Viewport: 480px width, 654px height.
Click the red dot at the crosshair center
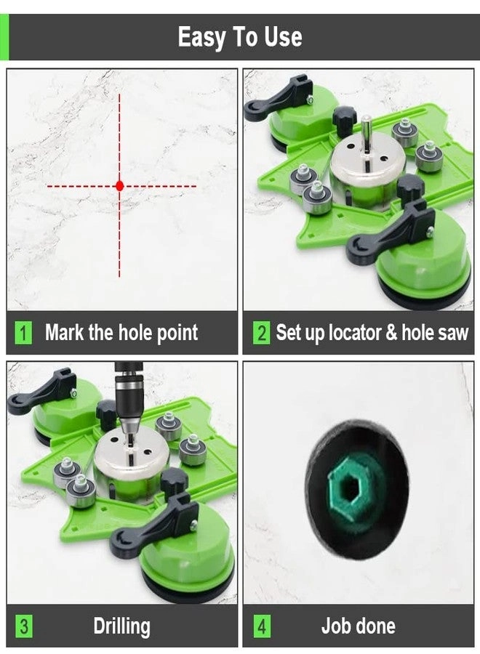pyautogui.click(x=120, y=186)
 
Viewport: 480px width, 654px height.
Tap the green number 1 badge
pyautogui.click(x=24, y=334)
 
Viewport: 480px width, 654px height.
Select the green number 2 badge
pyautogui.click(x=262, y=334)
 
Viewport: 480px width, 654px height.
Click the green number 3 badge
pyautogui.click(x=24, y=626)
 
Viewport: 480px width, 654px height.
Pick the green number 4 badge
pyautogui.click(x=262, y=626)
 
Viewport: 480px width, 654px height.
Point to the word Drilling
pyautogui.click(x=121, y=626)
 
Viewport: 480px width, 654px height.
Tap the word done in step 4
pyautogui.click(x=375, y=626)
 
